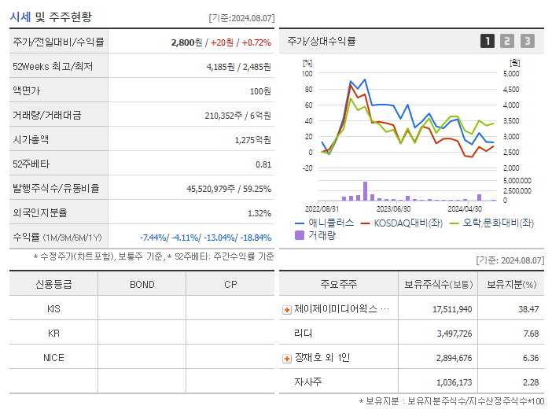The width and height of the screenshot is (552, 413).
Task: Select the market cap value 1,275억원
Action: click(x=252, y=140)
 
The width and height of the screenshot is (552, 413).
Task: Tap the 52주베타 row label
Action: click(x=28, y=164)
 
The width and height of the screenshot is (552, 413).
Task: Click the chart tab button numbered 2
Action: click(x=507, y=41)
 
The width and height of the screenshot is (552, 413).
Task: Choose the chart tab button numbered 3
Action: click(x=527, y=41)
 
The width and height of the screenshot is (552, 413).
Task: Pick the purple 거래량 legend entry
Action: click(x=318, y=235)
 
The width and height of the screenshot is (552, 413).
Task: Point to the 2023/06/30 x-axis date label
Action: click(x=393, y=208)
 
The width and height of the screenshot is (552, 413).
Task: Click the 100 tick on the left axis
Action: click(x=307, y=74)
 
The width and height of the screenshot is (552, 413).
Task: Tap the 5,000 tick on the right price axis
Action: click(x=510, y=74)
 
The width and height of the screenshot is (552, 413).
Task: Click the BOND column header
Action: click(x=142, y=284)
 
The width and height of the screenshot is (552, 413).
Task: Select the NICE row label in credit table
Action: click(x=53, y=357)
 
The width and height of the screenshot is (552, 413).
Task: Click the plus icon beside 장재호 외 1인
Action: click(x=287, y=359)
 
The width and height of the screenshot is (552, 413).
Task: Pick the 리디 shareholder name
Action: click(x=303, y=334)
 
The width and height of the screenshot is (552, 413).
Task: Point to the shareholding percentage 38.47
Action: click(x=528, y=309)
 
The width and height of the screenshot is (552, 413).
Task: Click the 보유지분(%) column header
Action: click(x=511, y=284)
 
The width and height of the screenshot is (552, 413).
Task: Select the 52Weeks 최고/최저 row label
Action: click(x=52, y=67)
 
